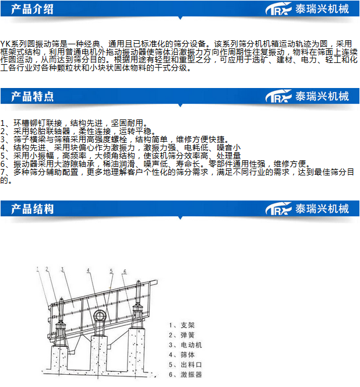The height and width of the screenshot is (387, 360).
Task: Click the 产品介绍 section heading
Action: (32, 9)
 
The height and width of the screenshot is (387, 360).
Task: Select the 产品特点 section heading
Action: (32, 96)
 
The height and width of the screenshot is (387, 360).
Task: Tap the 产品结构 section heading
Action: (32, 209)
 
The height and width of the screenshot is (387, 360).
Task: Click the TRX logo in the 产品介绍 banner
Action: (278, 9)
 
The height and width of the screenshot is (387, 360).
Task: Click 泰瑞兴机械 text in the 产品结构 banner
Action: (322, 209)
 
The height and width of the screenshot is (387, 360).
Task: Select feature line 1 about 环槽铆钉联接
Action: (74, 123)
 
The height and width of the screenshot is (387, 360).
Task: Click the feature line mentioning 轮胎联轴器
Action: (77, 131)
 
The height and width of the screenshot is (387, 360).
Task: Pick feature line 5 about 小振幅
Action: (121, 156)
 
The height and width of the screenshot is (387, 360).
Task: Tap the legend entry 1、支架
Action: (182, 325)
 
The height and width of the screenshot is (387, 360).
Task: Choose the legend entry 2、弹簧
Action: (182, 335)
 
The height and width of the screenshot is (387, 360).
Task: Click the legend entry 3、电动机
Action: (185, 345)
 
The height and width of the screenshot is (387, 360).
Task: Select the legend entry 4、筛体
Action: (182, 355)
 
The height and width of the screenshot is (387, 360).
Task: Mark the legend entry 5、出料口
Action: (185, 364)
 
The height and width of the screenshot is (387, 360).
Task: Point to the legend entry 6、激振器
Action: (185, 374)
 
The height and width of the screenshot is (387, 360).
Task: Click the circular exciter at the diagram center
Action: (100, 316)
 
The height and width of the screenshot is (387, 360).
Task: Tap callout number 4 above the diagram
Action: (89, 270)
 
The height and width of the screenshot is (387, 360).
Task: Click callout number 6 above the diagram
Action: (125, 272)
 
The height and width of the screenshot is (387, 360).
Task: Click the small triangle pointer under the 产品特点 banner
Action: (180, 105)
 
